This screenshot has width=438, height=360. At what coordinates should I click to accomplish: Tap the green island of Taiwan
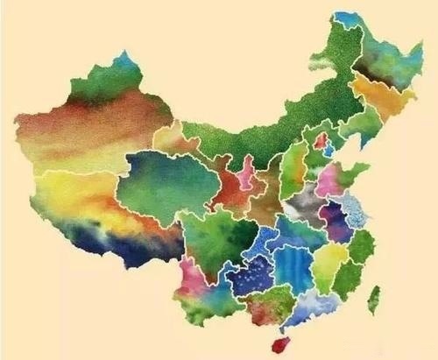coord(374,299)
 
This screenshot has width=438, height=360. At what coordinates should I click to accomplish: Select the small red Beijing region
coord(321,140)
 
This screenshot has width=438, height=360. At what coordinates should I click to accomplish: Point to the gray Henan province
coord(302,204)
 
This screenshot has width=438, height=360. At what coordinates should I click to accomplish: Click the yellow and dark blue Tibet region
coord(96,219)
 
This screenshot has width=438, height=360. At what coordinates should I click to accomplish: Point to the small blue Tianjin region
coord(328,150)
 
